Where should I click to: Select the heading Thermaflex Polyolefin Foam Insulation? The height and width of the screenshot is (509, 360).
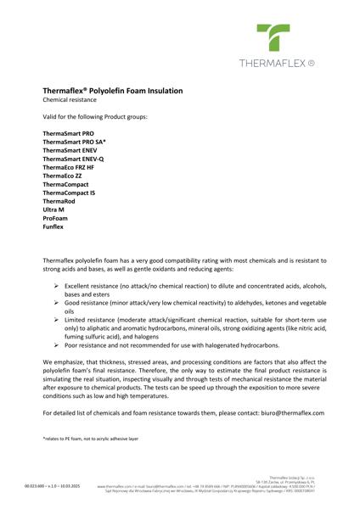point(113,90)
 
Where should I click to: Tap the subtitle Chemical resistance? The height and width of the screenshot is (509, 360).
point(67,100)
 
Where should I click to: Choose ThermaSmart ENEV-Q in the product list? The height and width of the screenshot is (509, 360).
point(73,159)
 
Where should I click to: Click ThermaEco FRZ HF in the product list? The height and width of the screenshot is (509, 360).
point(69,168)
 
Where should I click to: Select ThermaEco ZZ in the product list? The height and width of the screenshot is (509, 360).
point(61,176)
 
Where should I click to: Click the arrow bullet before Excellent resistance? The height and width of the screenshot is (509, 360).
point(57,287)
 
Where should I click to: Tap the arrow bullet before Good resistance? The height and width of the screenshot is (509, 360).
point(57,303)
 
